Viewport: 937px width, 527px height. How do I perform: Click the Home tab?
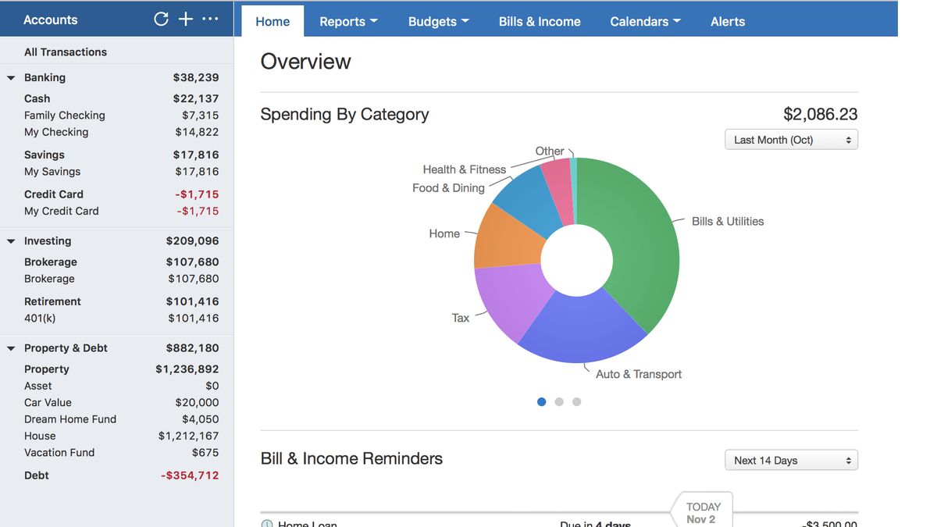pyautogui.click(x=273, y=22)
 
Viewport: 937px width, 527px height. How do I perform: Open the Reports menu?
pyautogui.click(x=348, y=22)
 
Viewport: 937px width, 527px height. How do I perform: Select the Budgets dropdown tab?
pyautogui.click(x=438, y=22)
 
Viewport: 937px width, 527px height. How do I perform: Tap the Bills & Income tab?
pyautogui.click(x=540, y=22)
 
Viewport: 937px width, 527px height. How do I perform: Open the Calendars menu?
pyautogui.click(x=645, y=22)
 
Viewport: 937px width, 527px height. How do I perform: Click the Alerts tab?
pyautogui.click(x=728, y=22)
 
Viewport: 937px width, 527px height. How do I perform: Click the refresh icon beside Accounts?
pyautogui.click(x=162, y=20)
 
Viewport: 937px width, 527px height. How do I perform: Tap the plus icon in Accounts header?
pyautogui.click(x=186, y=20)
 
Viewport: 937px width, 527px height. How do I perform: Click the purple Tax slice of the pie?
pyautogui.click(x=504, y=301)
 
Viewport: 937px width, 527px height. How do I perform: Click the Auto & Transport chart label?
pyautogui.click(x=639, y=374)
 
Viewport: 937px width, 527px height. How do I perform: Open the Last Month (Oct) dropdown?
pyautogui.click(x=791, y=140)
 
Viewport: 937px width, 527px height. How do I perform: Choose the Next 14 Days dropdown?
pyautogui.click(x=791, y=461)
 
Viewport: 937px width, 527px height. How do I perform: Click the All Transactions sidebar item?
pyautogui.click(x=66, y=52)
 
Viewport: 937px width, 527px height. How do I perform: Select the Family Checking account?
pyautogui.click(x=65, y=116)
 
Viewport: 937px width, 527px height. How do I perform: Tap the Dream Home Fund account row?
pyautogui.click(x=70, y=419)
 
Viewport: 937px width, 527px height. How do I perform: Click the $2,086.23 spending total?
pyautogui.click(x=820, y=115)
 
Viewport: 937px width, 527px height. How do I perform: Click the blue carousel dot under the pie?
pyautogui.click(x=542, y=402)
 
